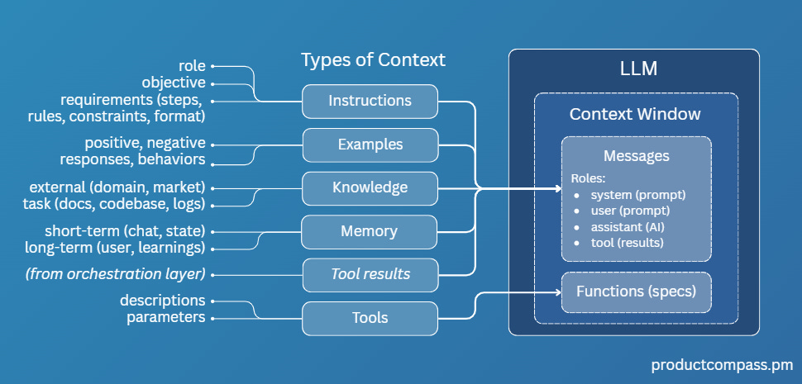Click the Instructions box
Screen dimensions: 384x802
[370, 102]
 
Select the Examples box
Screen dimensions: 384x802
[370, 145]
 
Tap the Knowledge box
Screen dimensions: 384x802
[370, 187]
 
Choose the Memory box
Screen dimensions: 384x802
[370, 231]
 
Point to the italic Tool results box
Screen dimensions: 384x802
[370, 274]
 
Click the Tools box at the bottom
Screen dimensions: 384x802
[370, 318]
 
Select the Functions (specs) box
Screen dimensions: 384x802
[636, 291]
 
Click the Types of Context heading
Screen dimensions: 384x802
[373, 60]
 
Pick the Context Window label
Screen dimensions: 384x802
[635, 114]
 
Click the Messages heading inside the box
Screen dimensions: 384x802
[636, 156]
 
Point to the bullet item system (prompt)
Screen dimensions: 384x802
[638, 195]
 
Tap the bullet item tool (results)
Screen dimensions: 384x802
[627, 242]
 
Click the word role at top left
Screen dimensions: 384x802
[191, 65]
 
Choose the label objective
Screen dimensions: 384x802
[173, 83]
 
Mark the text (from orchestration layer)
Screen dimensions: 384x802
[126, 274]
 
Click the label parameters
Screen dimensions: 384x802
[165, 318]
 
